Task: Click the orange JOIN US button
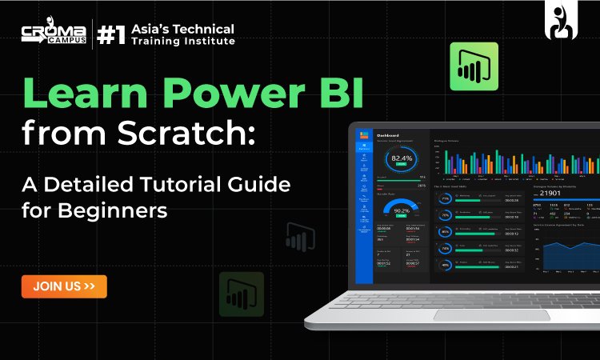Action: click(x=64, y=286)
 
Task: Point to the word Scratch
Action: click(x=197, y=134)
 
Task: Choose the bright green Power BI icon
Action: click(x=474, y=66)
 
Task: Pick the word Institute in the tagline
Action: click(x=206, y=41)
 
